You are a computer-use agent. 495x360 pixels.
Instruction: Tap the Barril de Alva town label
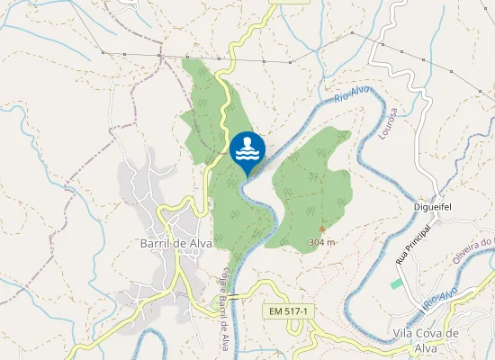[175, 243]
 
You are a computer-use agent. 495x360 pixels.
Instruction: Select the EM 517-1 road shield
[289, 310]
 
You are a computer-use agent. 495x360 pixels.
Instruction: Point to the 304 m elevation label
[321, 242]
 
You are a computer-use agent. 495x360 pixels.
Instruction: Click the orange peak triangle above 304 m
[321, 229]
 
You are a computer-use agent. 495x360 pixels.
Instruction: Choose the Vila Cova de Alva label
[427, 339]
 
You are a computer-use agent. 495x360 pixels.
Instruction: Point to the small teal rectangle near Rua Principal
[397, 283]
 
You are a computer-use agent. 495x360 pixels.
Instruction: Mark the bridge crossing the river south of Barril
[234, 297]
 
